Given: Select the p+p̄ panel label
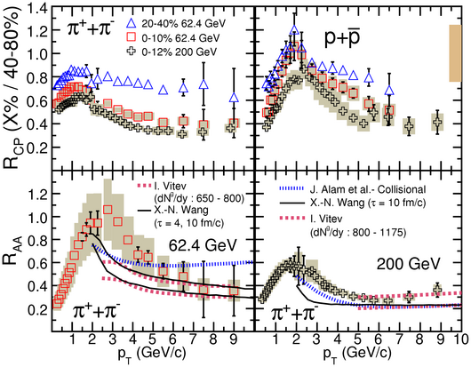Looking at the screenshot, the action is (342, 40).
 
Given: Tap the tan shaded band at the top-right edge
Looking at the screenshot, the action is (455, 52).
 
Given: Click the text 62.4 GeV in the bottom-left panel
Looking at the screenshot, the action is (203, 245).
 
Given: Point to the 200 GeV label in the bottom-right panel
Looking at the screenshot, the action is (408, 264).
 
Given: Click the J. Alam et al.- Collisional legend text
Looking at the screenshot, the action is (368, 189).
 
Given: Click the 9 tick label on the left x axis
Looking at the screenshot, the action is (233, 339).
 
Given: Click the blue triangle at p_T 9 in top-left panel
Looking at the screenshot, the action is (234, 98).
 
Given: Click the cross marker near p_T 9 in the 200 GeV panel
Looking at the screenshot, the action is (437, 290).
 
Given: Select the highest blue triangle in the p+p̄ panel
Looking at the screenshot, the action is (294, 29).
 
